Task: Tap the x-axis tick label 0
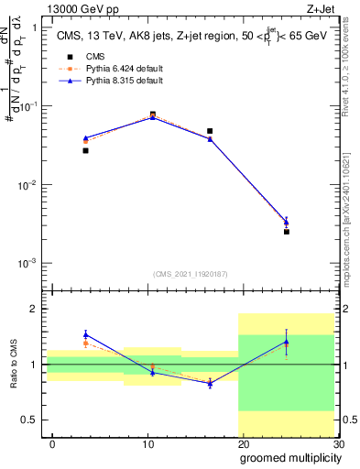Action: click(52, 444)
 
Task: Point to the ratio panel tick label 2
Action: click(35, 309)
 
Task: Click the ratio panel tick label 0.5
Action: click(31, 420)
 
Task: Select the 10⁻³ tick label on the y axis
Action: click(28, 264)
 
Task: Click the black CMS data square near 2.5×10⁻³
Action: click(287, 232)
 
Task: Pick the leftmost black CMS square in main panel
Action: click(85, 150)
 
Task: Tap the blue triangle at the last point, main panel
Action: click(287, 221)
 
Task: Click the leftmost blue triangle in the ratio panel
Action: click(85, 334)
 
